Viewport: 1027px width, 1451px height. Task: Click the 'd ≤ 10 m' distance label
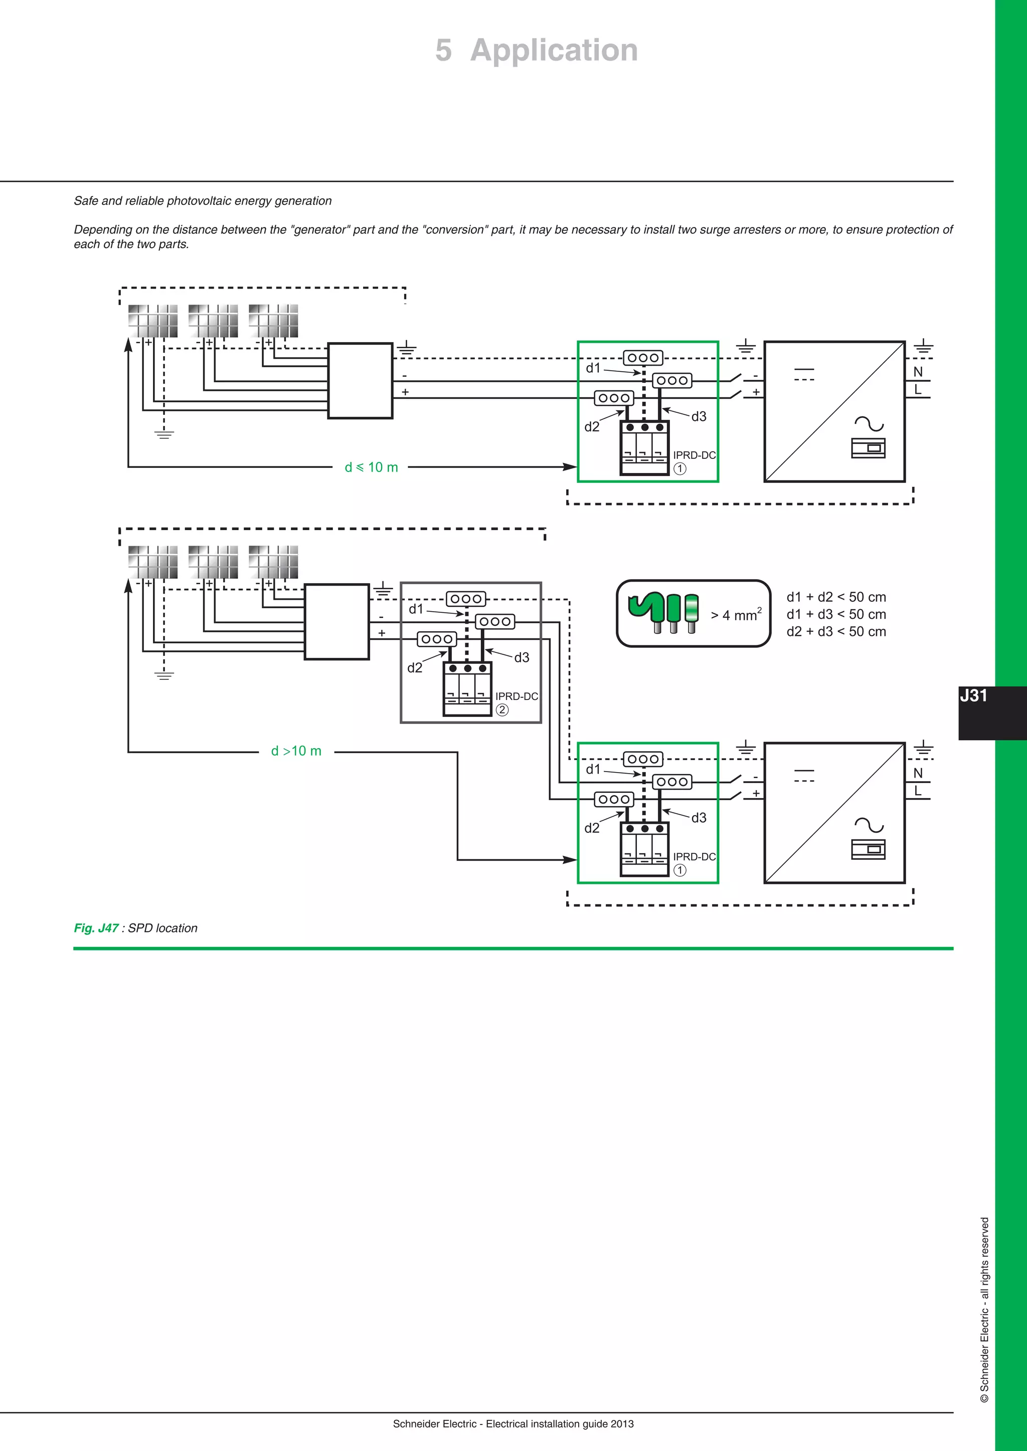click(x=371, y=467)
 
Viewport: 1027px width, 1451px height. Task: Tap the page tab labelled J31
click(x=974, y=696)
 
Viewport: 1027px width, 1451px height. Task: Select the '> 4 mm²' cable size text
click(x=736, y=615)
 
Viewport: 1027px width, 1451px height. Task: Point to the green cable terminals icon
click(x=663, y=612)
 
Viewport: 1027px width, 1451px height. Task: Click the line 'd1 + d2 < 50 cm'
click(x=836, y=597)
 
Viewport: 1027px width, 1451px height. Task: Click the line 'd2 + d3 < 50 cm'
click(x=836, y=631)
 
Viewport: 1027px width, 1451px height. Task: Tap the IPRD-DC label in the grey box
click(x=517, y=696)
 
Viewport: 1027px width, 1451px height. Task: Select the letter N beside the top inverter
click(x=918, y=372)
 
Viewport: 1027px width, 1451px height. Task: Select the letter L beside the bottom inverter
click(x=918, y=791)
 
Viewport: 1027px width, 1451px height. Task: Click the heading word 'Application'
click(x=554, y=50)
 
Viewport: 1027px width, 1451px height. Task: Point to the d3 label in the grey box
click(x=522, y=657)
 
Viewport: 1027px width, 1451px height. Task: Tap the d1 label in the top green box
click(x=593, y=368)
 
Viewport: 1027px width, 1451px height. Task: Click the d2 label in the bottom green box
click(x=592, y=828)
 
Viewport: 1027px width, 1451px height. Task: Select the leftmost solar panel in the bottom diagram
click(x=152, y=562)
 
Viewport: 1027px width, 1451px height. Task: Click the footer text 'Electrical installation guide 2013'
click(x=559, y=1424)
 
